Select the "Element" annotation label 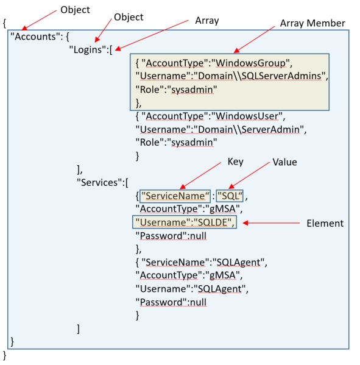(325, 224)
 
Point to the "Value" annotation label (284, 162)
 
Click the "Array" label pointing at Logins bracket (206, 20)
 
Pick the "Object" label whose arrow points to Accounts (76, 10)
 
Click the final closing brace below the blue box (5, 354)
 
